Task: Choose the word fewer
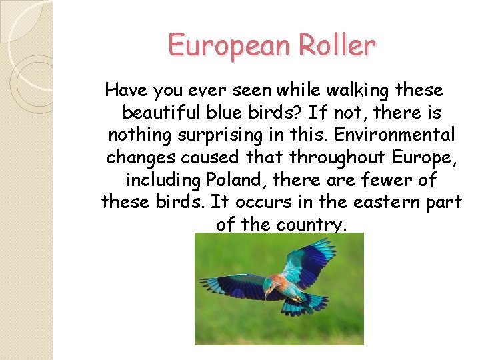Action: coord(386,180)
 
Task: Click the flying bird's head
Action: coord(269,285)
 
